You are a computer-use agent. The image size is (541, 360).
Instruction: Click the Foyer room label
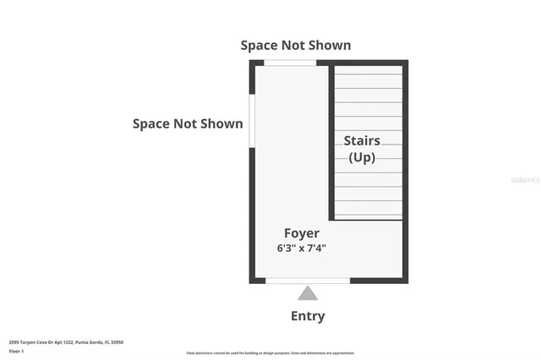point(301,233)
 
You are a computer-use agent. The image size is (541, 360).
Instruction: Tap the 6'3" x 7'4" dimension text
point(301,248)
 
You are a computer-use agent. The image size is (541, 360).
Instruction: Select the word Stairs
point(362,141)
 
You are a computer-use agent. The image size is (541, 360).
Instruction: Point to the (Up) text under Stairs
point(362,157)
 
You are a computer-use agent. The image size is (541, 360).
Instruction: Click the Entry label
point(308,316)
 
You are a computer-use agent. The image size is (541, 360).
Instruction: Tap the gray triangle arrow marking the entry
point(308,293)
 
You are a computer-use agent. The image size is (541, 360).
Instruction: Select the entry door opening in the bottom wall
point(308,280)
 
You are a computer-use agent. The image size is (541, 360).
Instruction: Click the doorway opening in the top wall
point(290,63)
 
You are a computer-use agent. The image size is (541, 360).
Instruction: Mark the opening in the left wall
point(251,120)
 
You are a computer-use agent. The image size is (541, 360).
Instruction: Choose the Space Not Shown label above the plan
point(296,45)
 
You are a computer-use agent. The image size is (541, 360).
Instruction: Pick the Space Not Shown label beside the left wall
point(188,124)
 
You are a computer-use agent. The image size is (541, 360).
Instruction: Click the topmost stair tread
point(369,68)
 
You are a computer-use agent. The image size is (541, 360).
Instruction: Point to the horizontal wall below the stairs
point(367,220)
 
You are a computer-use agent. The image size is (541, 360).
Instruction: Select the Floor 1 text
point(17,350)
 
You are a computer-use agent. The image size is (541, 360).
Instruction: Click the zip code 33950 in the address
point(117,342)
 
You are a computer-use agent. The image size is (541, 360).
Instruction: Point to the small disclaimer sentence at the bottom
point(270,353)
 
